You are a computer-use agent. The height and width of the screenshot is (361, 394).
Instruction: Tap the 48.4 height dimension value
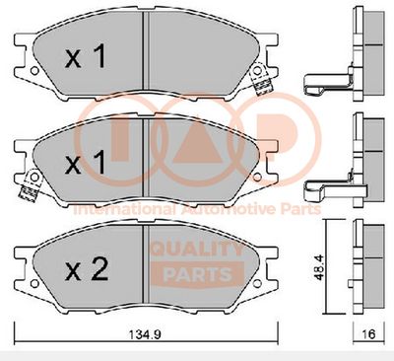click(x=319, y=267)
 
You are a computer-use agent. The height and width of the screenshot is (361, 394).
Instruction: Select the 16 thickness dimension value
click(x=368, y=334)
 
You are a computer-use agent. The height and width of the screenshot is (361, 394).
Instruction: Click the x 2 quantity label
click(x=87, y=269)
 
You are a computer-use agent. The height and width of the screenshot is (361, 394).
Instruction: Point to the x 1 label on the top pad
click(x=86, y=56)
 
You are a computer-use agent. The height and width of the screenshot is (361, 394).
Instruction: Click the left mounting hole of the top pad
click(x=34, y=71)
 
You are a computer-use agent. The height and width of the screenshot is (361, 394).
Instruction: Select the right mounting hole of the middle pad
click(x=257, y=177)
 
